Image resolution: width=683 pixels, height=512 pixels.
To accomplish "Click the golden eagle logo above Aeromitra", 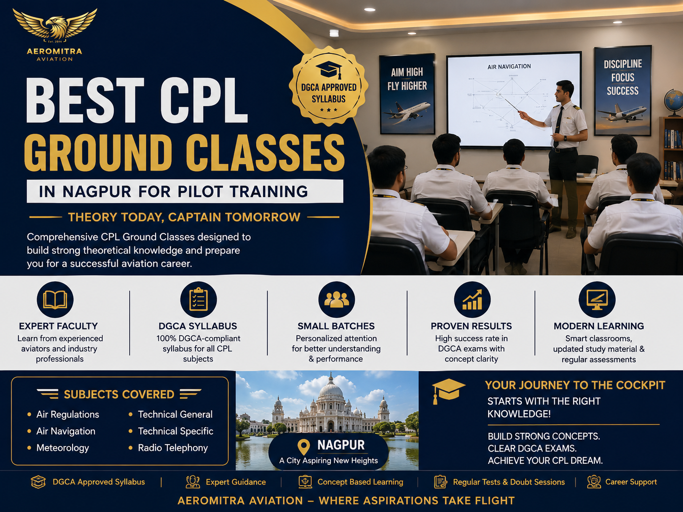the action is (x=55, y=25).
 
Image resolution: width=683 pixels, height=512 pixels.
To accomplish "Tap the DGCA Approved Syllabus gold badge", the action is (x=329, y=86).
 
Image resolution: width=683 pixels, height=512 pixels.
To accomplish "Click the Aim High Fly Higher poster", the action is (x=407, y=94).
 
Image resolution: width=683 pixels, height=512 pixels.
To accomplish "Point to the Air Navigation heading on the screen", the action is (x=509, y=66).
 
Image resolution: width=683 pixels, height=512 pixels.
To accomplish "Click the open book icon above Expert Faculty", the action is (x=55, y=300).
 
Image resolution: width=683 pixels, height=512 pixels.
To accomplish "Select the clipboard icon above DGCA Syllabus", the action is (x=199, y=300).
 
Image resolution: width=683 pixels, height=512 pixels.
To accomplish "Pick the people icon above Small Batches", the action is (x=336, y=300).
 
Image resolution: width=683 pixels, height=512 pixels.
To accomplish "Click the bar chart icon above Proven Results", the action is (x=472, y=300).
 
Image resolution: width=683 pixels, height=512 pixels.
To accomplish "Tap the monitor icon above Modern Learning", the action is (x=597, y=300).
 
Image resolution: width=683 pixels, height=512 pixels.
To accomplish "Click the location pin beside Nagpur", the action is (x=303, y=447).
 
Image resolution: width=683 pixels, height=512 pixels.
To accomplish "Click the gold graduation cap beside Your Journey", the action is (x=448, y=391).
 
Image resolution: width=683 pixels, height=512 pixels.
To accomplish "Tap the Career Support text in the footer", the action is (x=631, y=482).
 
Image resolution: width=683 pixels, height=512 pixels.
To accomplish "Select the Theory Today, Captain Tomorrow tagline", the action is (x=184, y=217).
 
